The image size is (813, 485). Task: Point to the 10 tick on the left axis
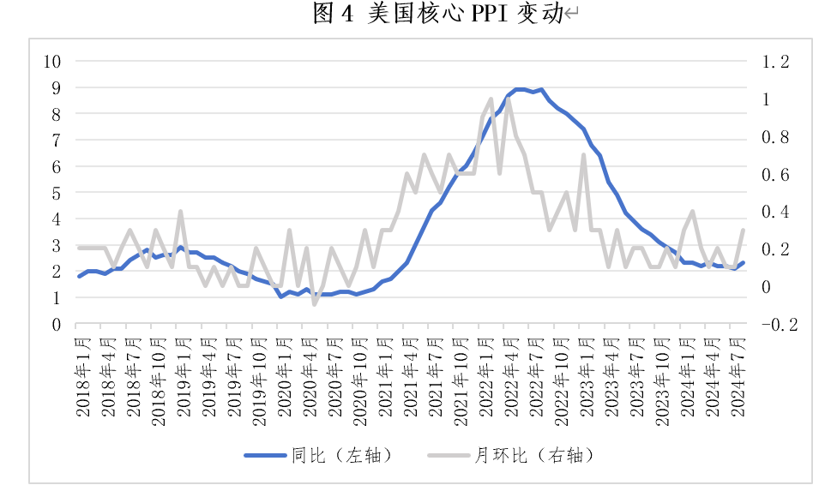53,62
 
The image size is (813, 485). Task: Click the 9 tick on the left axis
56,87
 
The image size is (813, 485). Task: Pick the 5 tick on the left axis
56,193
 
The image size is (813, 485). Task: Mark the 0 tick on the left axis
56,325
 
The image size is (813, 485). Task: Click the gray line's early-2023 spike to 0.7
584,155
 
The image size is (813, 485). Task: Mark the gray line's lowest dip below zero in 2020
315,304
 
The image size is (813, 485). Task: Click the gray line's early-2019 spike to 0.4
181,211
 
